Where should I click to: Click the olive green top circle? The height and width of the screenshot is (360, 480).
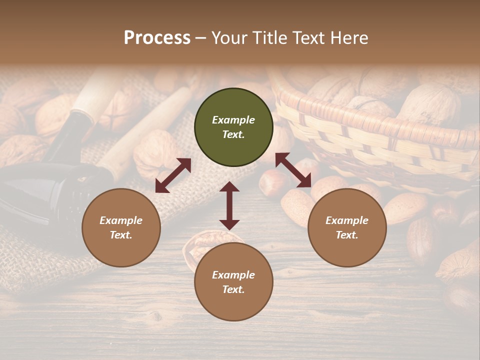[x=233, y=127]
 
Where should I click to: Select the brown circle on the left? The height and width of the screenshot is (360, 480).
[x=121, y=227]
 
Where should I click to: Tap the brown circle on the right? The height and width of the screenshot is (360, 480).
[x=347, y=227]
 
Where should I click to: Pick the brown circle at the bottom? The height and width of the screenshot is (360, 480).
[x=233, y=282]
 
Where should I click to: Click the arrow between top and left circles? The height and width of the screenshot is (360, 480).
[x=173, y=175]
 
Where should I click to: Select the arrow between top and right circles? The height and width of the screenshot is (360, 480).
[x=293, y=170]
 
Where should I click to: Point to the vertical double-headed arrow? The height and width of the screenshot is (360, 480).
[x=229, y=205]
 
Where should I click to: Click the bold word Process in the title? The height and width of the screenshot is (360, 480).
[x=157, y=37]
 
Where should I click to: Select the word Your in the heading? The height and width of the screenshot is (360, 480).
[x=229, y=37]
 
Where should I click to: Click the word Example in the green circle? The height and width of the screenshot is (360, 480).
[x=233, y=120]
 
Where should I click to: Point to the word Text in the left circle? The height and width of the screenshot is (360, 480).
[x=121, y=235]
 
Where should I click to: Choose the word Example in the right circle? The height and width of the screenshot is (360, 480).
[x=347, y=220]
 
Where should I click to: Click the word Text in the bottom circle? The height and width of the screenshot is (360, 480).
[x=233, y=289]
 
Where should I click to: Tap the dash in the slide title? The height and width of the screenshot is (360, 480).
[x=201, y=38]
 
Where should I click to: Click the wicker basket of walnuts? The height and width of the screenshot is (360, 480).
[x=380, y=125]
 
